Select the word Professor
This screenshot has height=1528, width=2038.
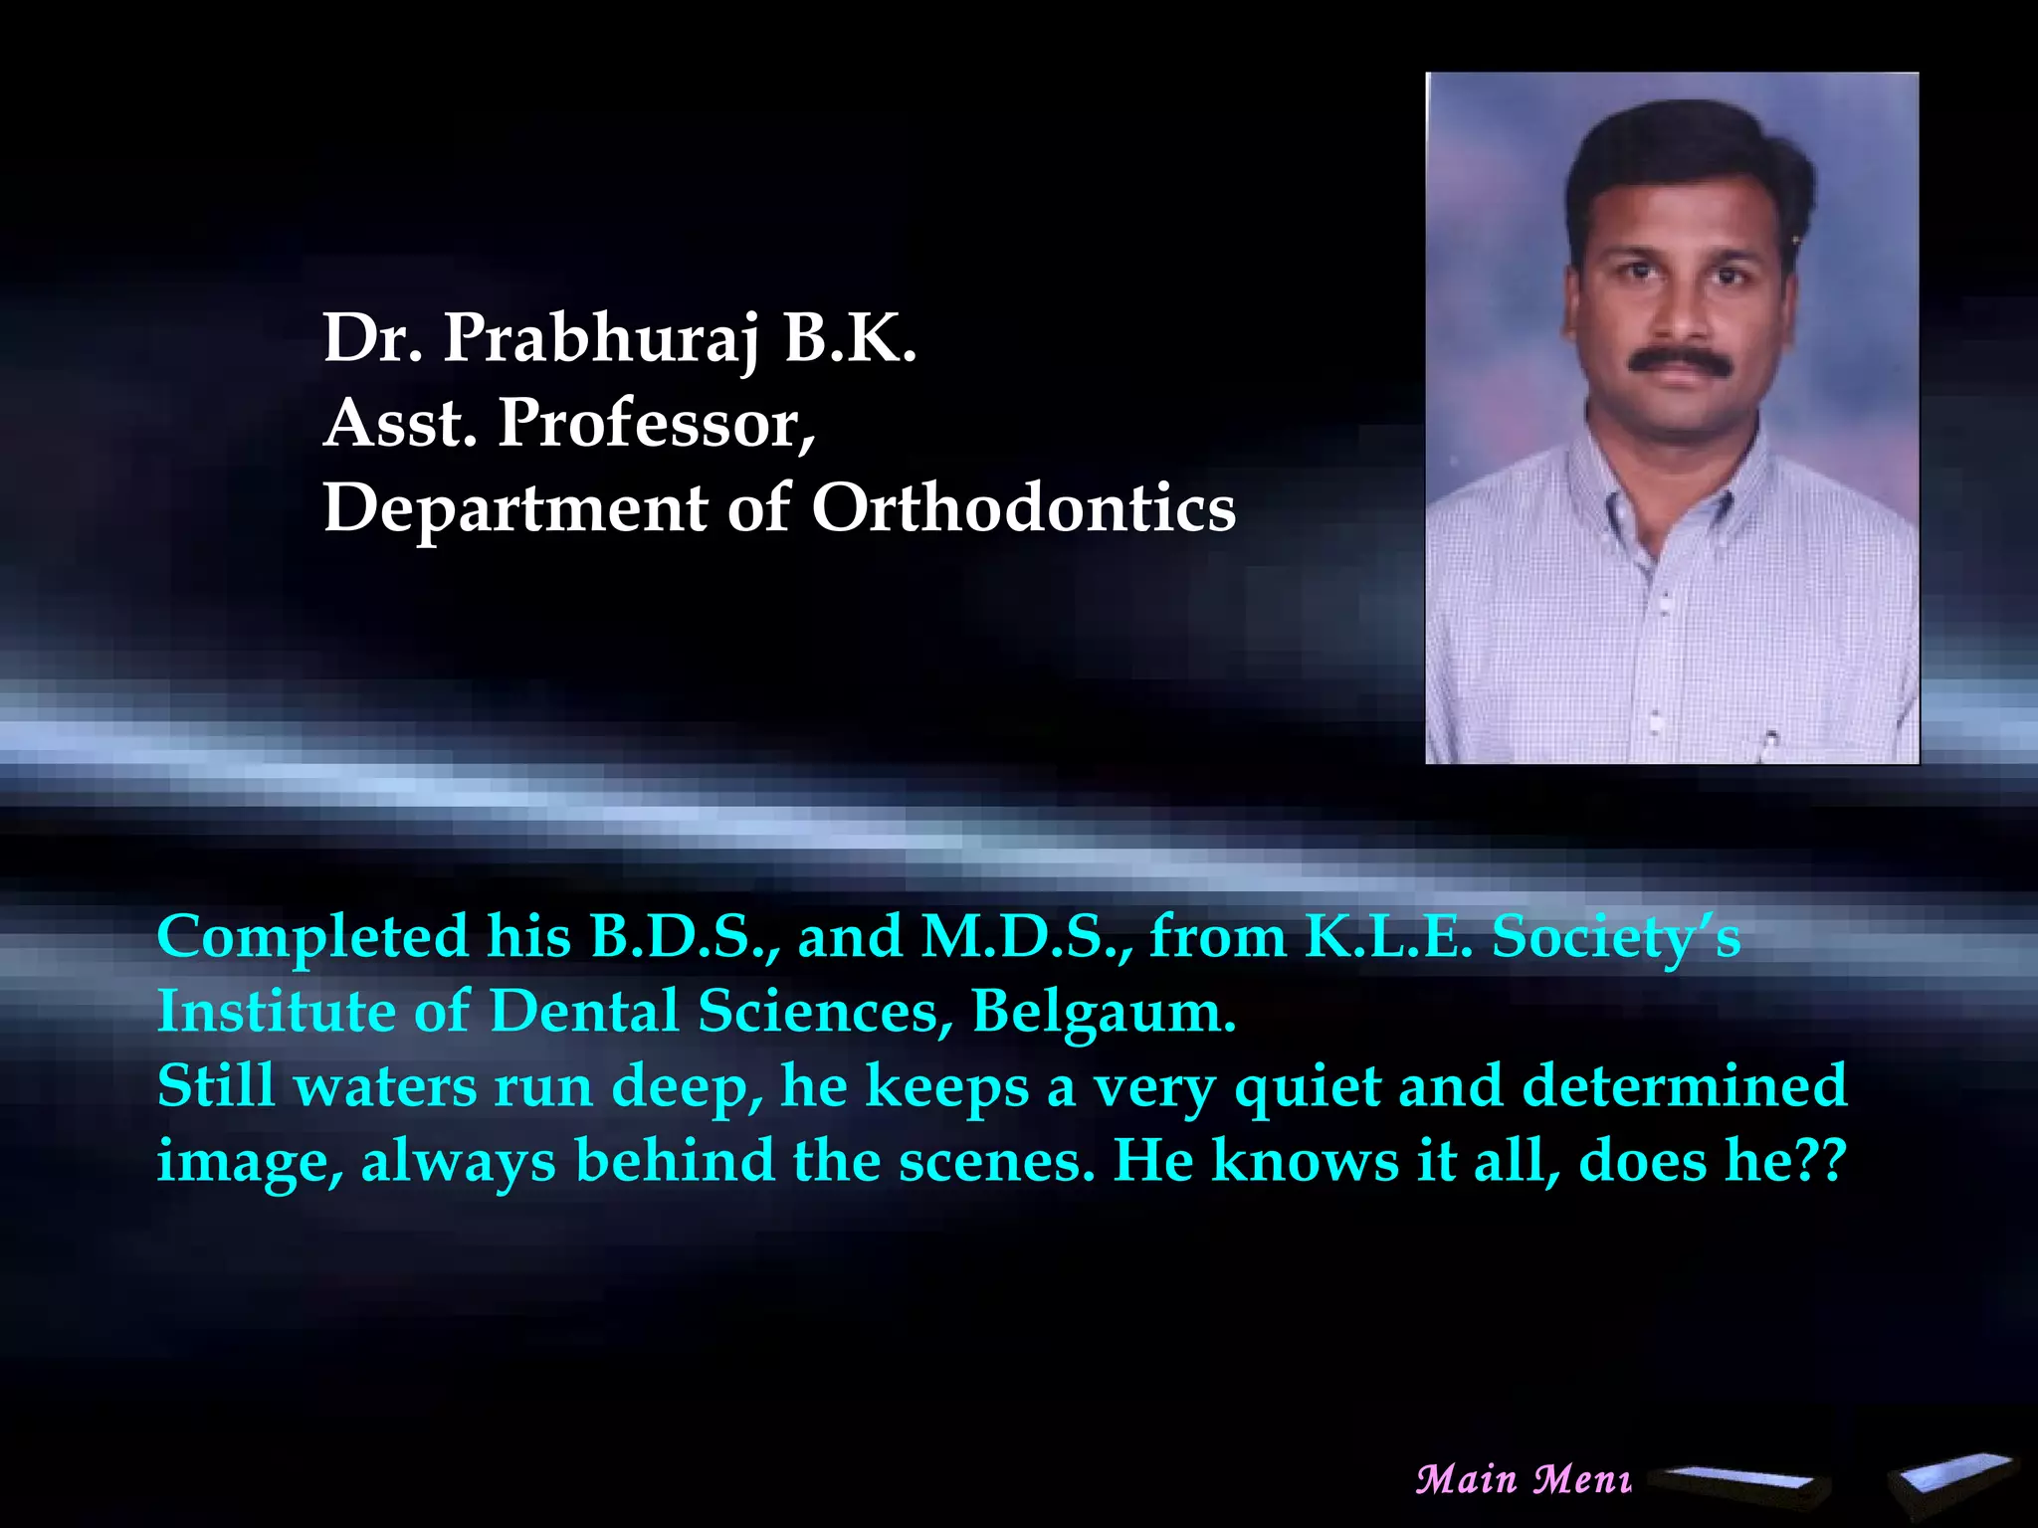656,424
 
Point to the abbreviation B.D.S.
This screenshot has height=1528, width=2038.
683,937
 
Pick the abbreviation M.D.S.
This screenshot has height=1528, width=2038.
1025,937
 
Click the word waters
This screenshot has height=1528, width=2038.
385,1086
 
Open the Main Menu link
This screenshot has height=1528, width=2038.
1523,1479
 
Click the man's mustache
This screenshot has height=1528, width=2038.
1680,360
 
